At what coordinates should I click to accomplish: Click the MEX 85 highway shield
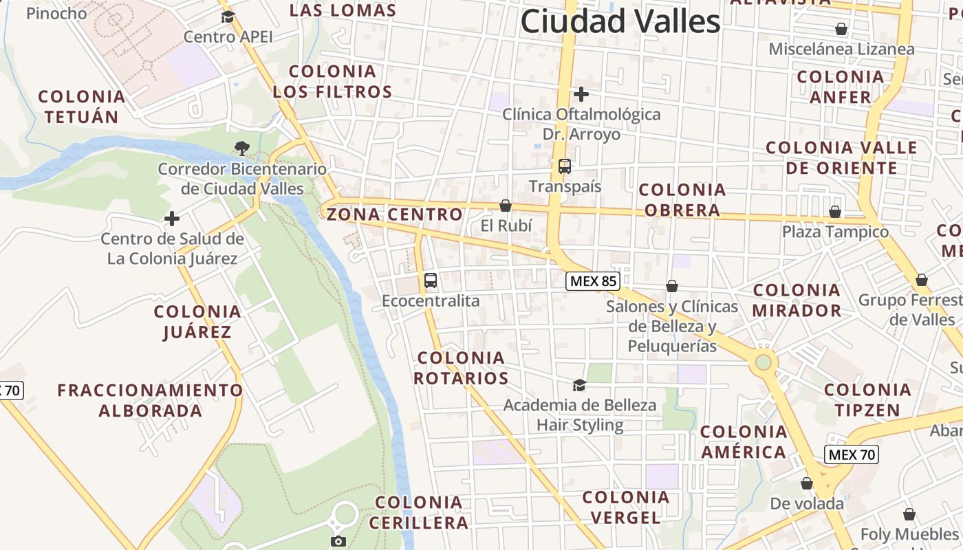pyautogui.click(x=594, y=280)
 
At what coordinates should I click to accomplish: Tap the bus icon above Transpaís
pyautogui.click(x=565, y=166)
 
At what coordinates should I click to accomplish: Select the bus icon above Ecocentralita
pyautogui.click(x=431, y=280)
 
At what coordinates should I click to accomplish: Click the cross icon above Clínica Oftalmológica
pyautogui.click(x=581, y=93)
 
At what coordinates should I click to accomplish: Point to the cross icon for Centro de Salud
pyautogui.click(x=172, y=219)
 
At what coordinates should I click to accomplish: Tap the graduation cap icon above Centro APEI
pyautogui.click(x=228, y=16)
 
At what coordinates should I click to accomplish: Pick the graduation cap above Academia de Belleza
pyautogui.click(x=579, y=385)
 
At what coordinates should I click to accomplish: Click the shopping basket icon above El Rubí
pyautogui.click(x=506, y=206)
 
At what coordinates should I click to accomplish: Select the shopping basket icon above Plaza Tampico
pyautogui.click(x=835, y=212)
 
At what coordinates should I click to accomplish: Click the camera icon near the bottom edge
pyautogui.click(x=338, y=542)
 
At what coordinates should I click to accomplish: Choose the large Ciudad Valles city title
pyautogui.click(x=620, y=21)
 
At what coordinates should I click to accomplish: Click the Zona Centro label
pyautogui.click(x=394, y=214)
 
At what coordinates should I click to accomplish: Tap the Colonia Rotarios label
pyautogui.click(x=462, y=368)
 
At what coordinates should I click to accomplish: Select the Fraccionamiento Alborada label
pyautogui.click(x=150, y=401)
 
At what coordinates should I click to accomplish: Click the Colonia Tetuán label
pyautogui.click(x=81, y=107)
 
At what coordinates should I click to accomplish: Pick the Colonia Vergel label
pyautogui.click(x=625, y=507)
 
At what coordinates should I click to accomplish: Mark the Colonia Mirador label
pyautogui.click(x=797, y=300)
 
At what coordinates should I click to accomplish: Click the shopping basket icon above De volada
pyautogui.click(x=807, y=484)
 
